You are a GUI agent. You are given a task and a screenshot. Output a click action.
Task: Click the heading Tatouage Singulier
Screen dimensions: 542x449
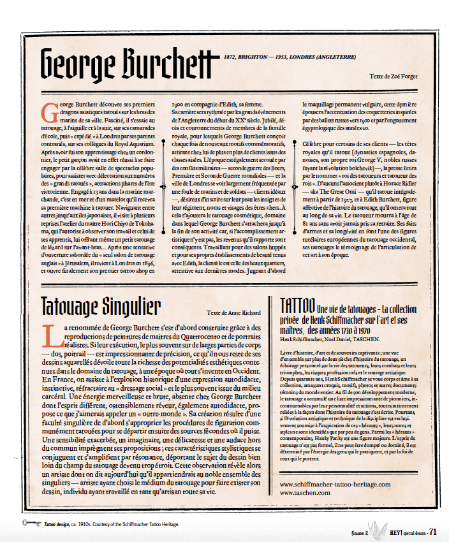pos(100,307)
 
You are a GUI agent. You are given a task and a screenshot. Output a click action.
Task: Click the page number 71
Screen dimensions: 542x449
pos(432,532)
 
